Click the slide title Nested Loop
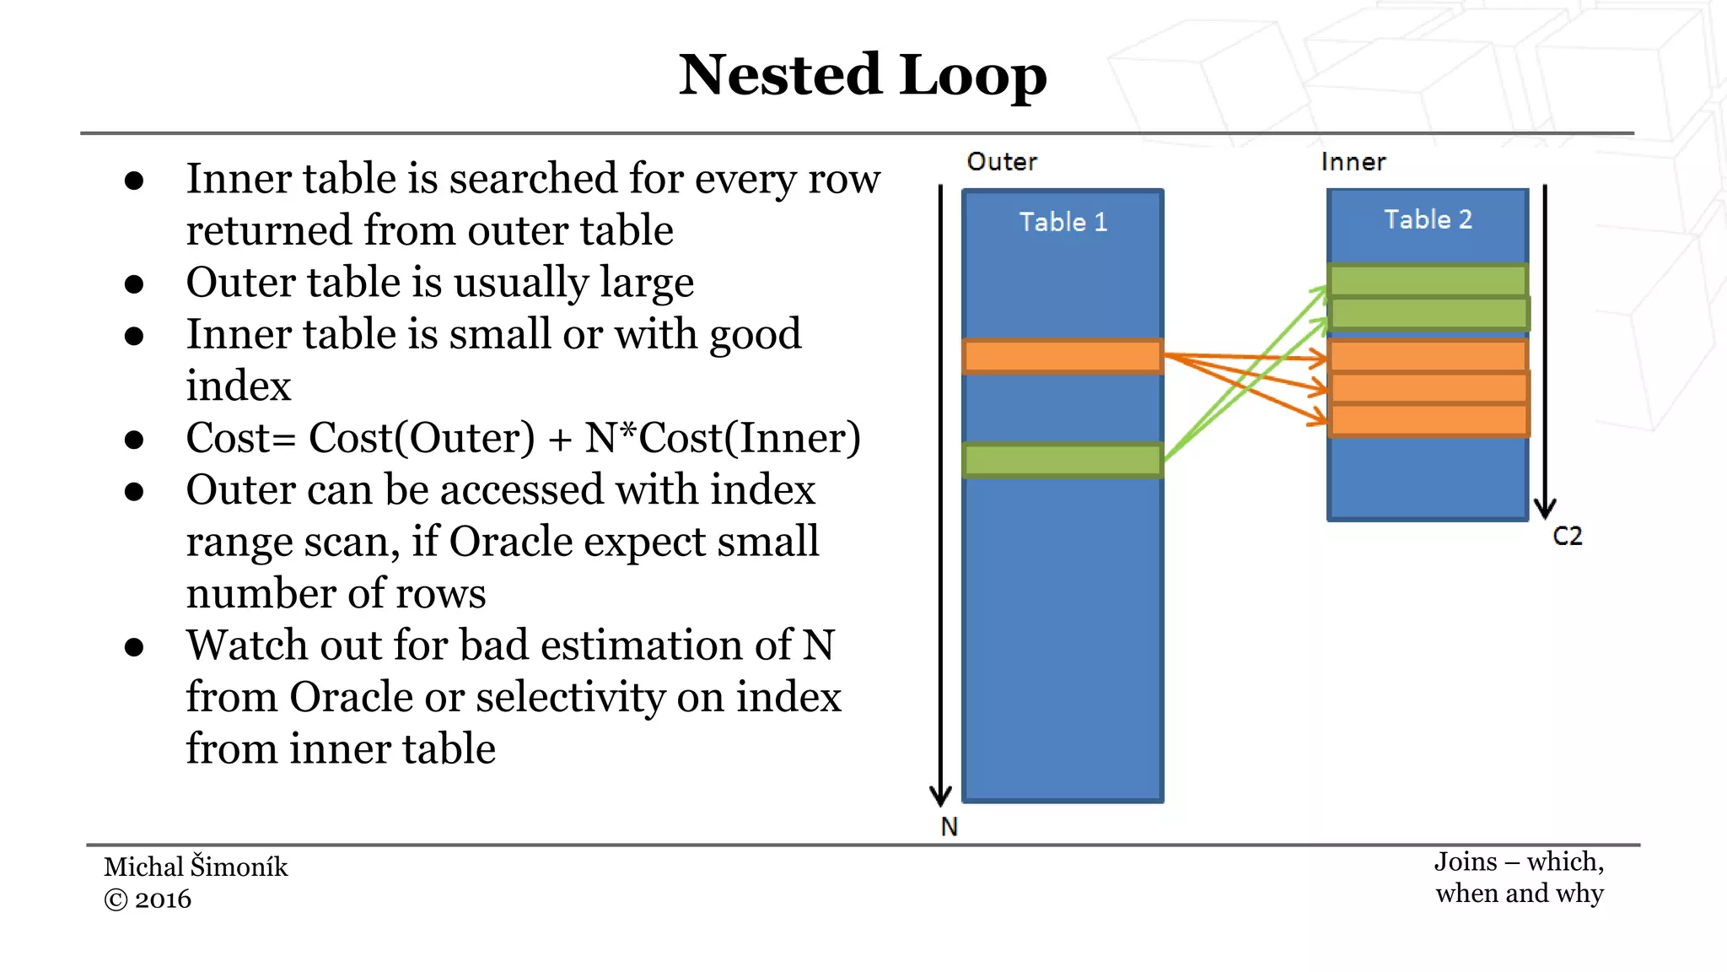(x=863, y=75)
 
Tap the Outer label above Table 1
(x=1001, y=161)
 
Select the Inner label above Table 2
(x=1353, y=161)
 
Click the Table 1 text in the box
(x=1063, y=222)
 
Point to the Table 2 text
(x=1428, y=219)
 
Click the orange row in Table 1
(x=1063, y=356)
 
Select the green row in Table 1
(x=1063, y=460)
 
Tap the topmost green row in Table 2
(x=1428, y=280)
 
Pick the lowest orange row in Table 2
(x=1428, y=420)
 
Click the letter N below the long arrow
(x=949, y=827)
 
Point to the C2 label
(x=1567, y=536)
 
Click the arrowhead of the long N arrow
(x=940, y=796)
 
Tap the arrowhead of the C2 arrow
(x=1545, y=508)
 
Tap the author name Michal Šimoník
(x=196, y=867)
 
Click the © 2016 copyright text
(x=148, y=899)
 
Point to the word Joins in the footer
(x=1466, y=861)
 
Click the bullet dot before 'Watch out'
(x=133, y=647)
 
